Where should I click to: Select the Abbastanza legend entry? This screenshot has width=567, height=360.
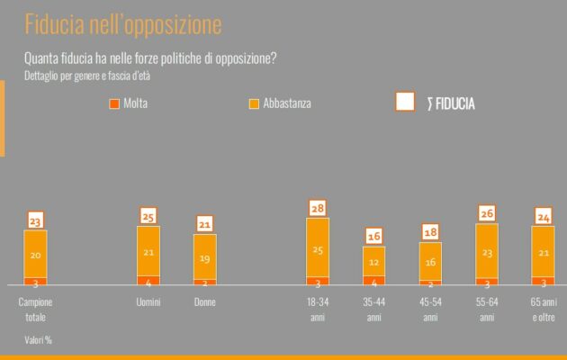point(280,103)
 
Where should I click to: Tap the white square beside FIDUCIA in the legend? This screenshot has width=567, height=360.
point(405,102)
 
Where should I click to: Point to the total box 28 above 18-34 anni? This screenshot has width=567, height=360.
point(318,208)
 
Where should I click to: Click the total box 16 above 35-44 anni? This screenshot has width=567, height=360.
point(374,236)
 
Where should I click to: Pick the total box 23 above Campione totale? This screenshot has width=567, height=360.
point(35,220)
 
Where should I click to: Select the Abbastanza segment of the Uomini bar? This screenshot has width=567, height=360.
point(148,251)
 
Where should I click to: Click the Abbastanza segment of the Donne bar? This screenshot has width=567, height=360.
point(205,256)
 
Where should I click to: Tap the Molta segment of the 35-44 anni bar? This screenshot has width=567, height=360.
point(374,281)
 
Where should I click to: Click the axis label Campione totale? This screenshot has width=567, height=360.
point(35,309)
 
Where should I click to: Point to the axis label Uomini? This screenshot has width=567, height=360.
point(148,302)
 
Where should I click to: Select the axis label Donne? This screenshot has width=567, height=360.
point(205,302)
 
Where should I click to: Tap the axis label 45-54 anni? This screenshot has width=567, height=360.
point(431,309)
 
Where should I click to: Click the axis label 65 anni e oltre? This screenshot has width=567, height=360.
point(544,309)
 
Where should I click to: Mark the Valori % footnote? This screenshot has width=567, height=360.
point(38,340)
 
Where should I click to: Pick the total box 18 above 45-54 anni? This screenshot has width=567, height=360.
point(431,232)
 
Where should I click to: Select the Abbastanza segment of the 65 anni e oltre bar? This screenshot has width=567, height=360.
point(544,253)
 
